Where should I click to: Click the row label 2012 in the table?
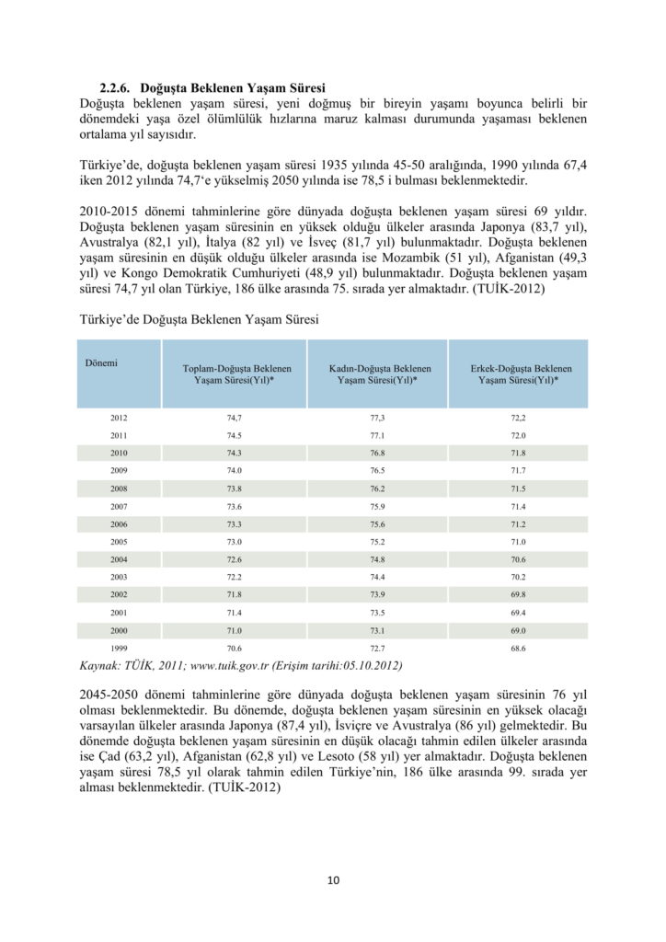pos(119,419)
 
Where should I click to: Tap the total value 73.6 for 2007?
pos(234,507)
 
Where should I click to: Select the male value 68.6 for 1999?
pos(518,649)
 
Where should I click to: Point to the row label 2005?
pos(119,542)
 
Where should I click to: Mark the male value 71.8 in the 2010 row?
pos(518,454)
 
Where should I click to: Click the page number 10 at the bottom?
pos(333,880)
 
